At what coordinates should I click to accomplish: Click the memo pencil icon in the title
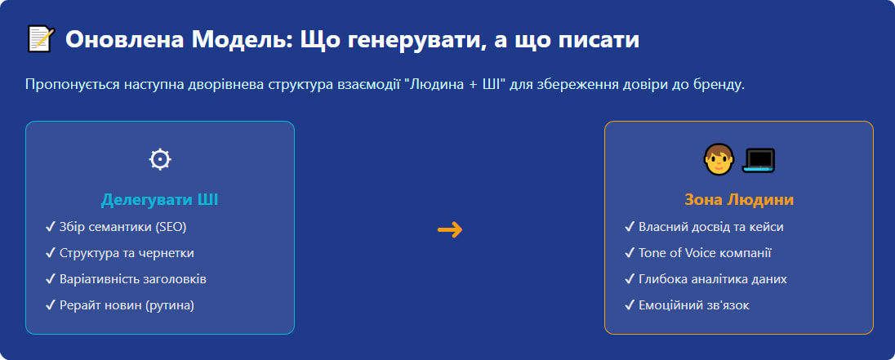[x=41, y=38]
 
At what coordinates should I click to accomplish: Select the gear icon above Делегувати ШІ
[x=160, y=159]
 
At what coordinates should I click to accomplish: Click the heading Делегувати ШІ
[x=160, y=200]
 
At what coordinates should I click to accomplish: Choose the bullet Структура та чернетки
[x=127, y=253]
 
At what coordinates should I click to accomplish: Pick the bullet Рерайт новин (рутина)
[x=127, y=305]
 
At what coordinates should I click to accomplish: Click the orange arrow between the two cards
[x=450, y=230]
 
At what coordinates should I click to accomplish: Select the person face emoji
[x=717, y=159]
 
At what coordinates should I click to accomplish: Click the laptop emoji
[x=758, y=159]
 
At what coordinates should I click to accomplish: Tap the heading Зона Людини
[x=739, y=200]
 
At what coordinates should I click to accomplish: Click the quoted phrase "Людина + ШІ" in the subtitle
[x=453, y=85]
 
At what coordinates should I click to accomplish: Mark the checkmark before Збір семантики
[x=51, y=227]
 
